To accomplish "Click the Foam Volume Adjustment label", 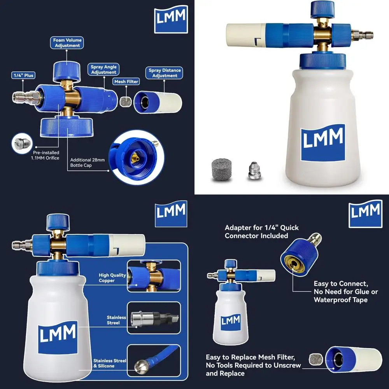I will (67, 43).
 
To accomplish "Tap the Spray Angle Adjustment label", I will (103, 70).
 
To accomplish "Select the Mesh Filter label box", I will (126, 82).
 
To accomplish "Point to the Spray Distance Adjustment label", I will (165, 73).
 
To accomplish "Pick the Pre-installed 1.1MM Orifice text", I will (45, 155).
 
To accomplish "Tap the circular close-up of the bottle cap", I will (134, 156).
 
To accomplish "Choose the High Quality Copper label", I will (112, 278).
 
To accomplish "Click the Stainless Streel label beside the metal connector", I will (116, 320).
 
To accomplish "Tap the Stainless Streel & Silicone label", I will (110, 363).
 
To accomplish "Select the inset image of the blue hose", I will (154, 361).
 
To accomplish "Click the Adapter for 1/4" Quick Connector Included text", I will (262, 231).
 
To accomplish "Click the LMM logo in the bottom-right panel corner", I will (365, 213).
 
